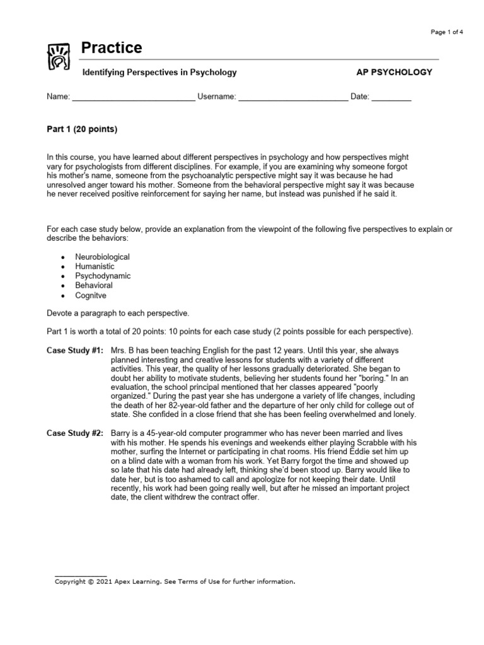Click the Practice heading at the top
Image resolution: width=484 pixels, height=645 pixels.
pos(112,48)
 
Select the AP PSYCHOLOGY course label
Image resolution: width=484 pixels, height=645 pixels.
pos(395,72)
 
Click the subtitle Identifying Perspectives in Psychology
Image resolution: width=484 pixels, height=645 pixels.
pos(160,72)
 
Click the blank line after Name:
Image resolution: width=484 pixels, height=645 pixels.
pos(134,98)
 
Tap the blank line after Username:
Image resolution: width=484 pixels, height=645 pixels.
pos(293,98)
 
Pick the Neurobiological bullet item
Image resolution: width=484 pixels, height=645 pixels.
pos(102,257)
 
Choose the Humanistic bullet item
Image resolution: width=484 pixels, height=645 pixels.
pos(95,266)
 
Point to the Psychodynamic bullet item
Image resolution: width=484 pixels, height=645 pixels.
pos(103,276)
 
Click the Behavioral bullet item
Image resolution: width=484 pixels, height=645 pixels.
pos(94,285)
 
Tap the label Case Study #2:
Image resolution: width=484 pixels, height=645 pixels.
pos(76,434)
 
